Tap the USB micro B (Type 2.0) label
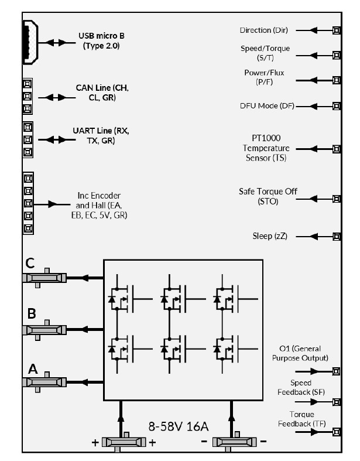pyautogui.click(x=101, y=40)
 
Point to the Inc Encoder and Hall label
pyautogui.click(x=102, y=204)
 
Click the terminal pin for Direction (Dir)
pyautogui.click(x=337, y=30)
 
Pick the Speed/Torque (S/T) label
pyautogui.click(x=265, y=52)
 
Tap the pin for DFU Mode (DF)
pyautogui.click(x=337, y=106)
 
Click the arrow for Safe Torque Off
pyautogui.click(x=317, y=199)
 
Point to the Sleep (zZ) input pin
pyautogui.click(x=337, y=237)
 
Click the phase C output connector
pyautogui.click(x=43, y=276)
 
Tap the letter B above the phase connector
pyautogui.click(x=32, y=313)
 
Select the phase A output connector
pyautogui.click(x=43, y=382)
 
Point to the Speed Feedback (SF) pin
pyautogui.click(x=337, y=402)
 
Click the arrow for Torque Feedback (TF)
pyautogui.click(x=316, y=432)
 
